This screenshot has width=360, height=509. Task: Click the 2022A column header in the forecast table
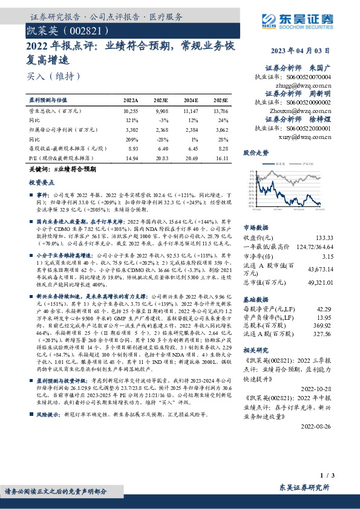tap(131, 99)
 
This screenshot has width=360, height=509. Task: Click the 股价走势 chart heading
tap(255, 153)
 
